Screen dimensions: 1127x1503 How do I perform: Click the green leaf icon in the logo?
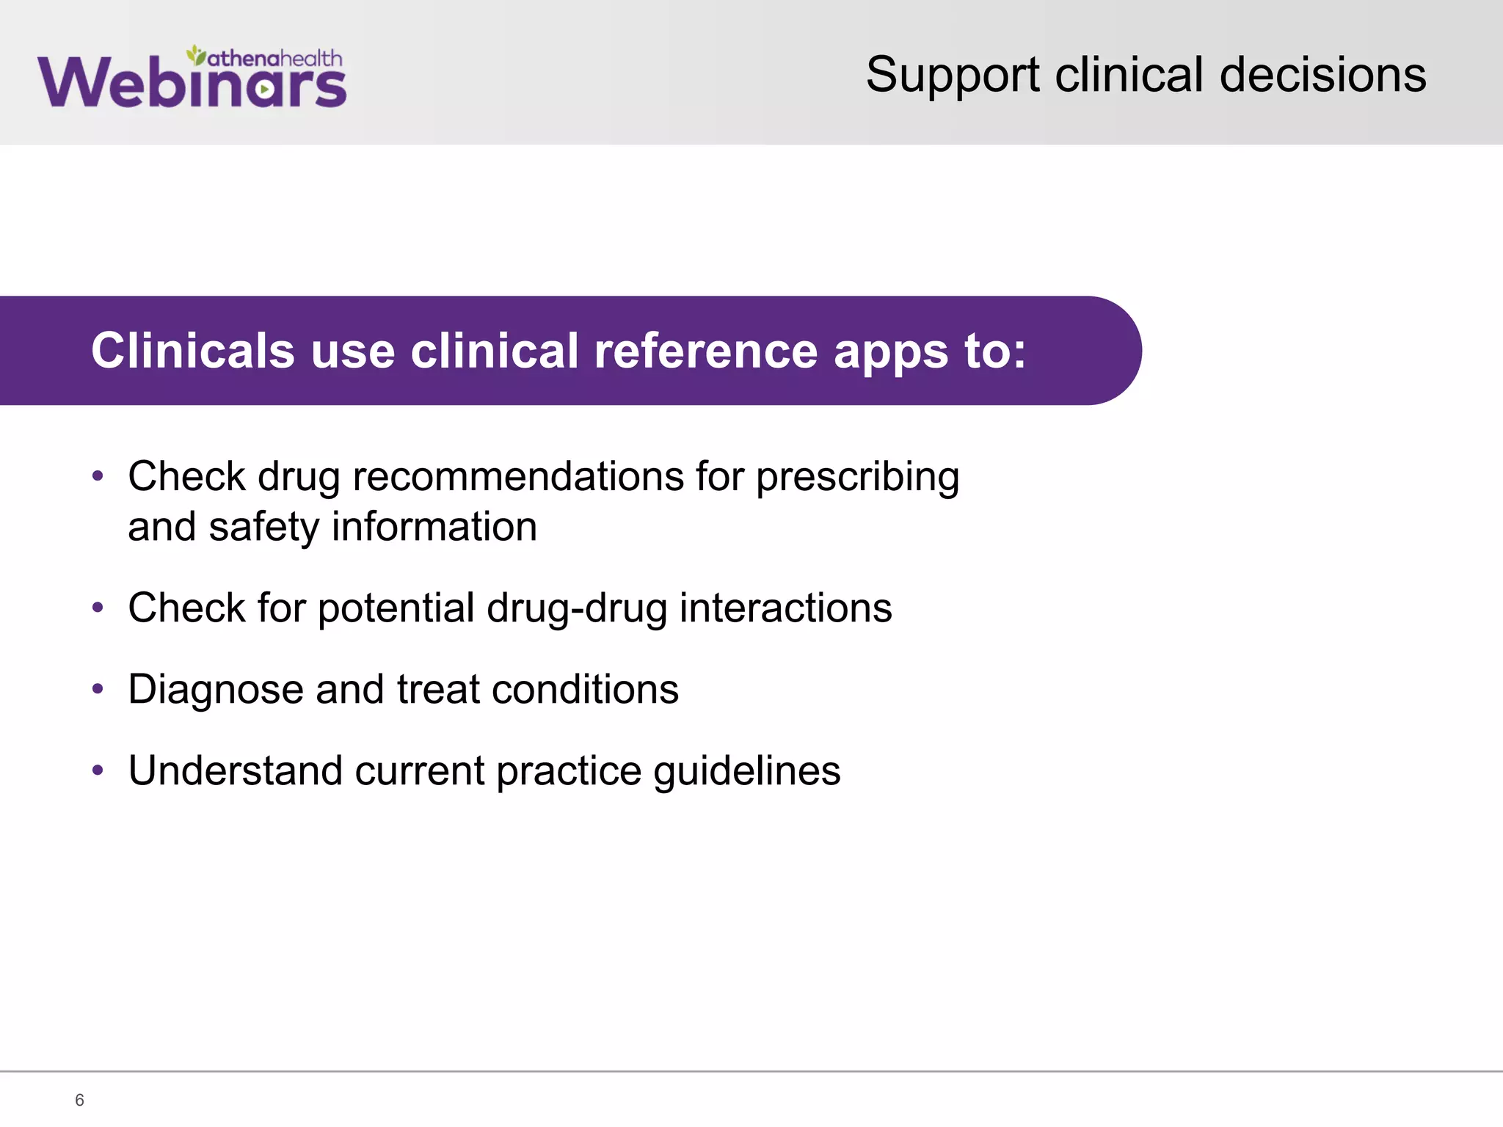click(195, 54)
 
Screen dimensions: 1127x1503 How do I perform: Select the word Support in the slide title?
click(953, 76)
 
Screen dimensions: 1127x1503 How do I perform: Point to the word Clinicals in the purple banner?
click(192, 351)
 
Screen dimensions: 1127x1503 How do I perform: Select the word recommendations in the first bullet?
click(518, 477)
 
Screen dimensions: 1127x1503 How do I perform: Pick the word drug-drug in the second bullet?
click(577, 609)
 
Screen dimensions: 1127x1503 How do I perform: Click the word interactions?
click(785, 608)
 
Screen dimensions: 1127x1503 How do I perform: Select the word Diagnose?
click(216, 690)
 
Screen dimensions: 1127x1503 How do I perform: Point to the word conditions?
click(585, 690)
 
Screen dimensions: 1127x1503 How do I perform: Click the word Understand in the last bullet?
click(235, 771)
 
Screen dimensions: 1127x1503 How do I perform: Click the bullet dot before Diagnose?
click(98, 689)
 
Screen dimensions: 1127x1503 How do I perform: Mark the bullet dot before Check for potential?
click(98, 608)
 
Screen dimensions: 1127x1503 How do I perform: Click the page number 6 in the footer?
click(79, 1100)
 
